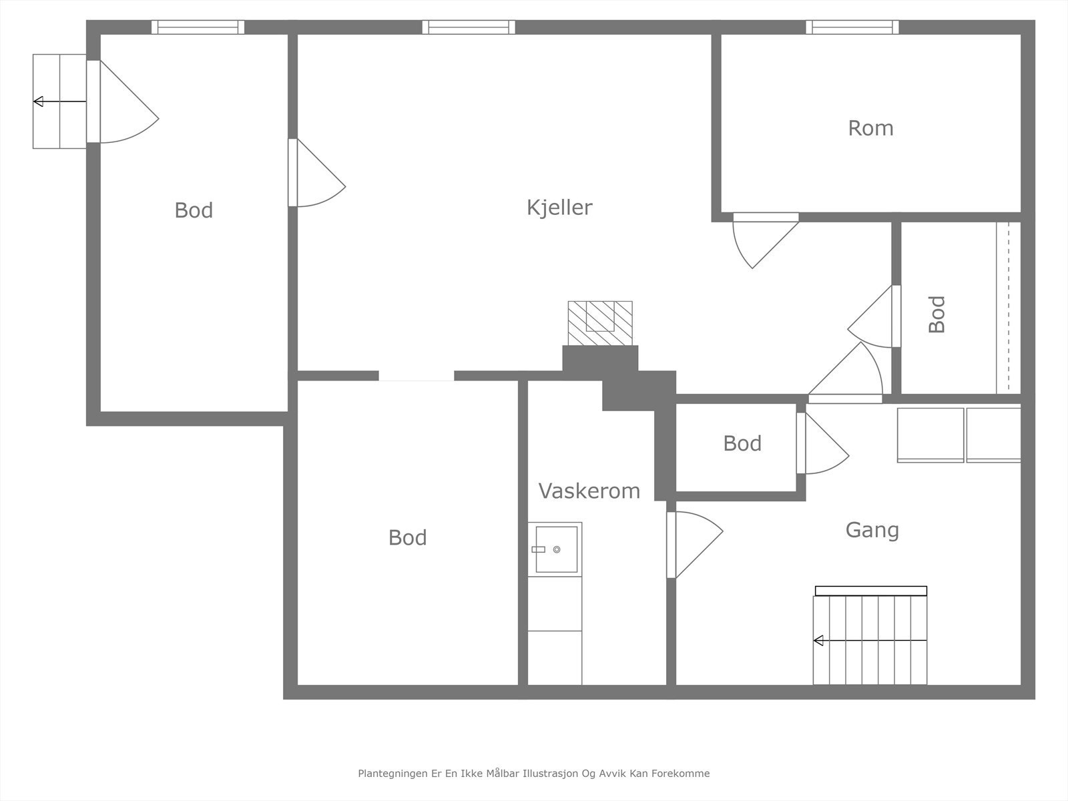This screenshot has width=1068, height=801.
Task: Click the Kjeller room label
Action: click(x=559, y=208)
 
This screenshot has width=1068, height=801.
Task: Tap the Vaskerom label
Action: click(x=589, y=491)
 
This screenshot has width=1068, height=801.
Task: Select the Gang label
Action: click(x=872, y=531)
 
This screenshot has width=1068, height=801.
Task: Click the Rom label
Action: click(x=870, y=128)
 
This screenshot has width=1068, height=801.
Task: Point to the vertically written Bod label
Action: click(x=937, y=314)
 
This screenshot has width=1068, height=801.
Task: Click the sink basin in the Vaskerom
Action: click(x=556, y=549)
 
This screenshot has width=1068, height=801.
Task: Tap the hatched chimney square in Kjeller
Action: click(x=600, y=323)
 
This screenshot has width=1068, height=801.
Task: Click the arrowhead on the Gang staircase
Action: click(x=818, y=641)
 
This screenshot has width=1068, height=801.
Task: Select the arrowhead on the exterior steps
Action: click(x=38, y=101)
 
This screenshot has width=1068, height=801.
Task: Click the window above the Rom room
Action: click(x=852, y=27)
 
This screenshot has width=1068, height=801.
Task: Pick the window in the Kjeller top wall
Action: click(x=469, y=27)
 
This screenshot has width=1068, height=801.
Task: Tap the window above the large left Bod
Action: click(x=198, y=27)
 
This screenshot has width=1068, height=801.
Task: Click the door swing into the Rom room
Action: click(x=766, y=240)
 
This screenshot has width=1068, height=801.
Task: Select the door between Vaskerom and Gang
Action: click(x=695, y=545)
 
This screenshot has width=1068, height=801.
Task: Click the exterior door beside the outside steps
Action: click(x=123, y=101)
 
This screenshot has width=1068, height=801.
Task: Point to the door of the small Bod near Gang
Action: click(x=823, y=443)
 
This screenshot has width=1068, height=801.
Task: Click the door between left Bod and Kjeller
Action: click(x=317, y=173)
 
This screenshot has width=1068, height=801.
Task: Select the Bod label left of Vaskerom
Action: click(x=407, y=538)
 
